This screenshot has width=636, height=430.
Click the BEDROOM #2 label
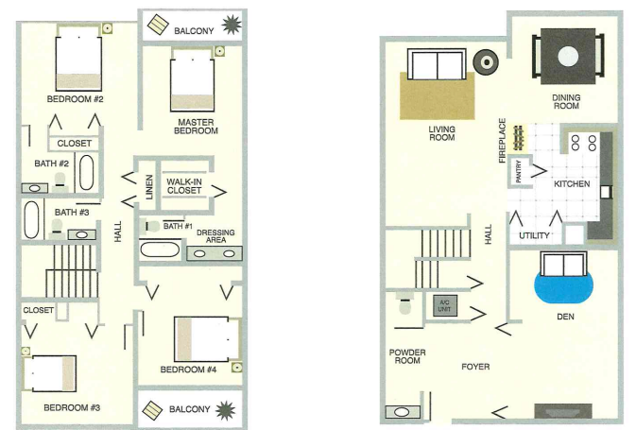click(78, 99)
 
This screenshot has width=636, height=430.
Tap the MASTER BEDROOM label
click(197, 127)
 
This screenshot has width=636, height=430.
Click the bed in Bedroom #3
click(53, 372)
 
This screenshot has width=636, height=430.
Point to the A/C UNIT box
click(443, 305)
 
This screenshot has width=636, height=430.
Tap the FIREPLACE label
click(503, 141)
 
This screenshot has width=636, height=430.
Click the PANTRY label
click(519, 173)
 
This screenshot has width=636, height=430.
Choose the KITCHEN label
click(571, 184)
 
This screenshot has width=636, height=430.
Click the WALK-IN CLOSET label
click(184, 185)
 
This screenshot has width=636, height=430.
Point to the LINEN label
click(148, 185)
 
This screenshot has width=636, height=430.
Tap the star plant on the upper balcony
click(231, 26)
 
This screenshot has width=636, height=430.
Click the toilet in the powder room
click(405, 306)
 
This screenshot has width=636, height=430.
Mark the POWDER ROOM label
click(406, 355)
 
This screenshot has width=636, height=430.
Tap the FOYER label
click(475, 366)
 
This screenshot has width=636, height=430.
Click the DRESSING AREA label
click(215, 236)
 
